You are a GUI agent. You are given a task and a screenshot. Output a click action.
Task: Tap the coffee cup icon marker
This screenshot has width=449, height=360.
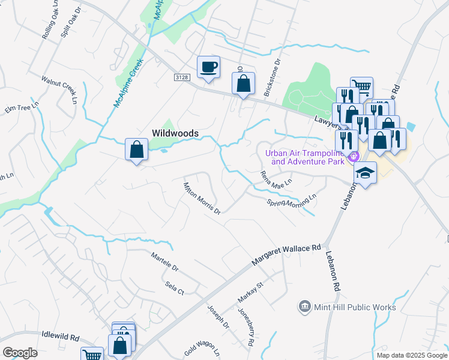tap(208, 67)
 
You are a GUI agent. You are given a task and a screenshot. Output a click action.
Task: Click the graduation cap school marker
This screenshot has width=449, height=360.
tap(365, 173)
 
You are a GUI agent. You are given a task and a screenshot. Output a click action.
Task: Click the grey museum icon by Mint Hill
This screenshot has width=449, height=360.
tap(305, 307)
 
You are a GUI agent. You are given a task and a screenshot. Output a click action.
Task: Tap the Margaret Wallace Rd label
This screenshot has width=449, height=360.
tap(287, 252)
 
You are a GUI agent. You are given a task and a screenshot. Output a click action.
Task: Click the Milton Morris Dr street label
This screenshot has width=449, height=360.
tap(202, 198)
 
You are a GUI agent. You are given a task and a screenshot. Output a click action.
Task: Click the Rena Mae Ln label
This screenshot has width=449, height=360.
tap(276, 178)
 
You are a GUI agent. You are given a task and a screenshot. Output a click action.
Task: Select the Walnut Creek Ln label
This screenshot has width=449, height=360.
tap(60, 89)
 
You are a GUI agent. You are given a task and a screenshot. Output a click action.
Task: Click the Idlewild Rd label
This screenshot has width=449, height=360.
tap(61, 337)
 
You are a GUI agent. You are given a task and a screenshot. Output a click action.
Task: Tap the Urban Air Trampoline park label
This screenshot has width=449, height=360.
tap(306, 157)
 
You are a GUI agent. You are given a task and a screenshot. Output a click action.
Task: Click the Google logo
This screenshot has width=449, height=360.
tap(20, 353)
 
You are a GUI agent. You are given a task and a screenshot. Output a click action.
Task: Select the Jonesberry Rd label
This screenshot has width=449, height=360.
tap(246, 328)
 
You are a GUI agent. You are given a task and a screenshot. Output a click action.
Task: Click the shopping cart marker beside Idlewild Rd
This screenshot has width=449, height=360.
tap(92, 355)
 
